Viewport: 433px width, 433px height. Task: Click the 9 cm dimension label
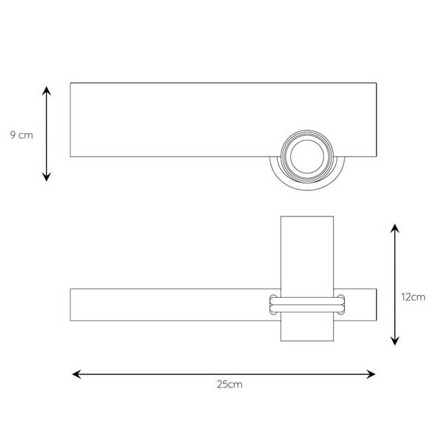(x=21, y=135)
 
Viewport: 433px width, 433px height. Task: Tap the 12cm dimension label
(x=413, y=297)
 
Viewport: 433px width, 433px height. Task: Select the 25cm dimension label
(x=230, y=385)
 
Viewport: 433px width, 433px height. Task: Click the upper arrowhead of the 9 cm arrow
(x=47, y=90)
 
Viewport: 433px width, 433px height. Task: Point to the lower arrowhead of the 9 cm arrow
(x=47, y=177)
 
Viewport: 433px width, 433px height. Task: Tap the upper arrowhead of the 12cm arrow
(x=395, y=228)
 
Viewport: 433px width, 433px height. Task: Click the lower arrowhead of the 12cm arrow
(x=395, y=341)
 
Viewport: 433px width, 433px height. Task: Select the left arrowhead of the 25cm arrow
(x=77, y=374)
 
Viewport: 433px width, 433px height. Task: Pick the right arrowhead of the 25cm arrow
(x=371, y=374)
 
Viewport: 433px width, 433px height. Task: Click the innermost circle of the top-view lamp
(x=307, y=140)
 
